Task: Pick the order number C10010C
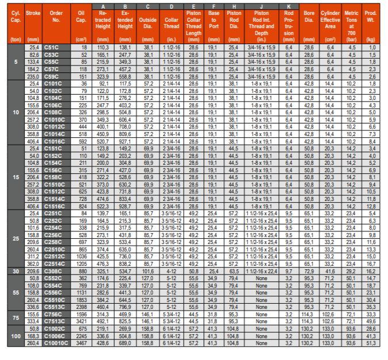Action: [x=56, y=343]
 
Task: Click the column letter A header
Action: [x=105, y=6]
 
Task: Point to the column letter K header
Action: [x=289, y=6]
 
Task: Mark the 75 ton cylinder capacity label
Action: [x=16, y=317]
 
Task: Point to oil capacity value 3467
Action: [x=80, y=343]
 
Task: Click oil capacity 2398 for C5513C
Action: [x=80, y=307]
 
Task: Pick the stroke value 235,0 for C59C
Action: [x=33, y=76]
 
